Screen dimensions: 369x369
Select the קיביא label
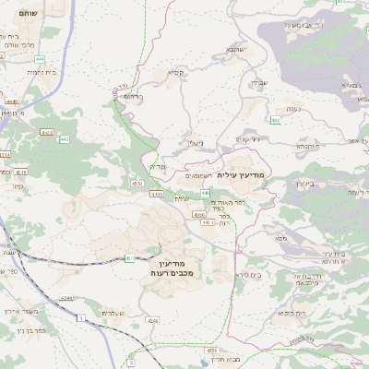tap(175, 72)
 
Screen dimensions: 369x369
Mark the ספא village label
tap(279, 239)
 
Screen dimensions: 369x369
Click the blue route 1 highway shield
tap(80, 318)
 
